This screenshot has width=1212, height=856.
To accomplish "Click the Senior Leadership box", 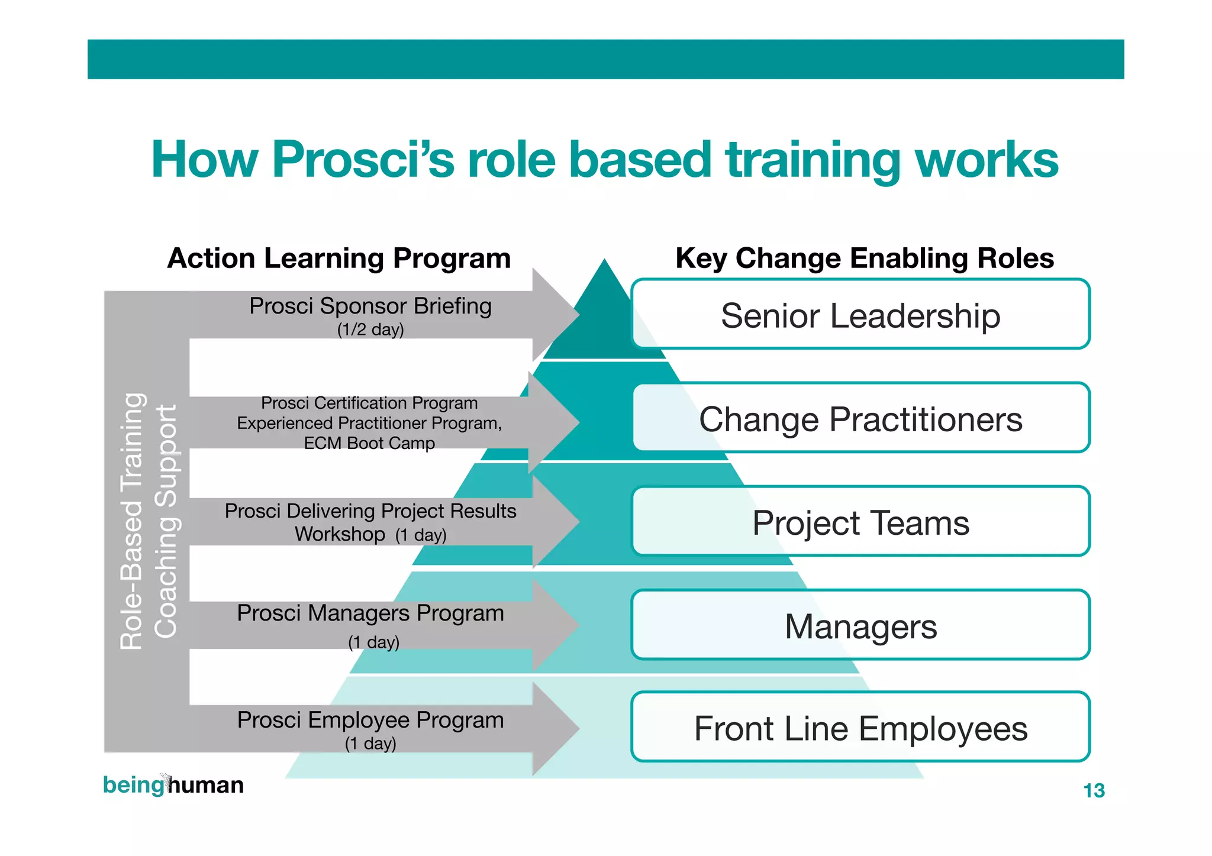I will pos(860,315).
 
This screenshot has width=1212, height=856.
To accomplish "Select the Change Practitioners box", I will pos(860,419).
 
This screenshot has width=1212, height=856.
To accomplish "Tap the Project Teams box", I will pos(860,522).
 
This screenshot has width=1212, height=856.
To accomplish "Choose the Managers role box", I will pos(860,626).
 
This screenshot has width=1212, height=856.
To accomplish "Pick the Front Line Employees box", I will pos(860,728).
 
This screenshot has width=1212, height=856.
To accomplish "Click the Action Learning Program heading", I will pos(339,259).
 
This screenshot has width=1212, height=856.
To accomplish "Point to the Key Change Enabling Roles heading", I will pos(865,259).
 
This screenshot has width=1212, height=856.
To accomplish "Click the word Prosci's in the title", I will pos(363,160).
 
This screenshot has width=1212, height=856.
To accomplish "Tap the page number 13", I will pos(1094,790).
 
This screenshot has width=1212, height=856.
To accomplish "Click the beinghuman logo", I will pos(173,785).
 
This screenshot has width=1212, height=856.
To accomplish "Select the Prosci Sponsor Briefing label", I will pos(370,306).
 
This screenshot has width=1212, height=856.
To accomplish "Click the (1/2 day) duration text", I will pos(370,330).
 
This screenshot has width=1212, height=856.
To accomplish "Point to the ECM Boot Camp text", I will pos(369,443).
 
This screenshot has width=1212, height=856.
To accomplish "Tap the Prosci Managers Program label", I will pos(370,613).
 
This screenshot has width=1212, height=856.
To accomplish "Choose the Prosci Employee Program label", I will pos(370,720).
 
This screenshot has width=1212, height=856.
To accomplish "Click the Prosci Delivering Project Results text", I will pos(370,511).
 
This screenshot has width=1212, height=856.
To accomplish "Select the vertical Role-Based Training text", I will pos(131,521).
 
